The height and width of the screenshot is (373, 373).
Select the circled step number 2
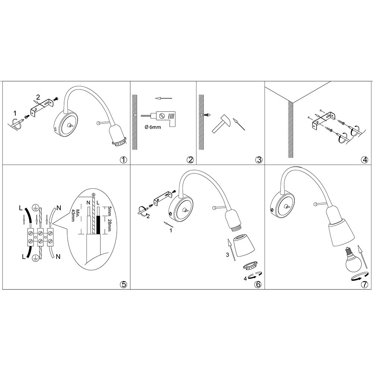coord(190,160)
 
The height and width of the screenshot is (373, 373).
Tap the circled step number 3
coord(258,160)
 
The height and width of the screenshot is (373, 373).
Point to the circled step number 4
coord(364,160)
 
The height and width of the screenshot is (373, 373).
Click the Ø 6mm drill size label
coord(153,127)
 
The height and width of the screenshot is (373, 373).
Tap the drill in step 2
coord(158,119)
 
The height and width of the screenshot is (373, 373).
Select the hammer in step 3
coord(221,123)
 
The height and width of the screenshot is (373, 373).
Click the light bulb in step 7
coord(352,260)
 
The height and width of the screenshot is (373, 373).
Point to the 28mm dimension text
coord(110,225)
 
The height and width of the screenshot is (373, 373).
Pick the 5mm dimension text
coord(110,211)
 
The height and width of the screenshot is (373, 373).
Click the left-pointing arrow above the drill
coord(163,98)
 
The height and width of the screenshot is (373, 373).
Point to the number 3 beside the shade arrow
coord(228,255)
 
